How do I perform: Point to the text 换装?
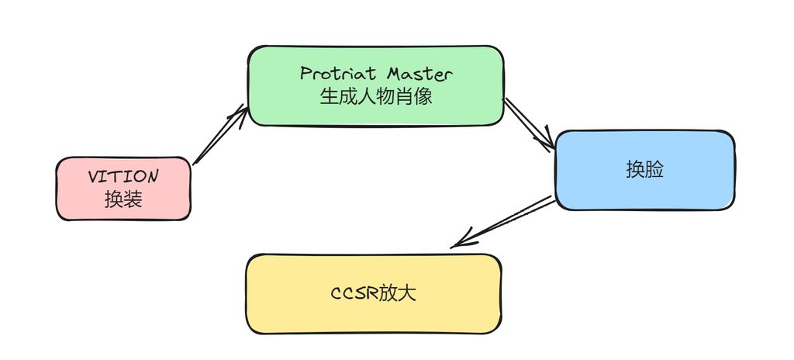pyautogui.click(x=123, y=199)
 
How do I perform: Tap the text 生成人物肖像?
pyautogui.click(x=375, y=97)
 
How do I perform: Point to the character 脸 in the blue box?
pyautogui.click(x=654, y=170)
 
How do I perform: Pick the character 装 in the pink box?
pyautogui.click(x=133, y=199)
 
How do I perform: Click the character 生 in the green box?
pyautogui.click(x=329, y=97)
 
